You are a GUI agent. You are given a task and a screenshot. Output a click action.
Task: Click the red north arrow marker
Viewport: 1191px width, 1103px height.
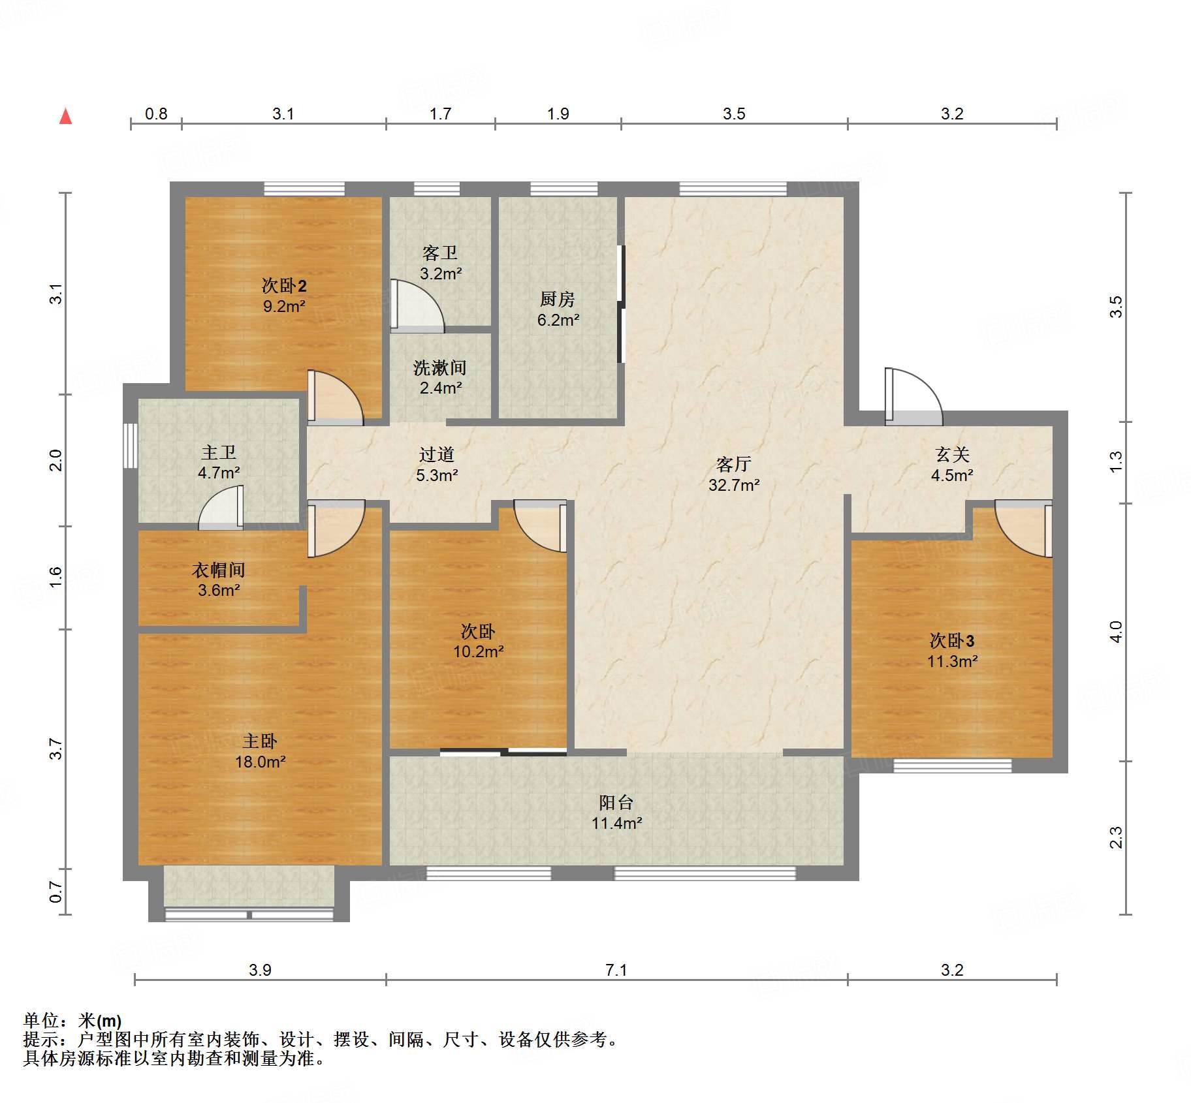tap(65, 116)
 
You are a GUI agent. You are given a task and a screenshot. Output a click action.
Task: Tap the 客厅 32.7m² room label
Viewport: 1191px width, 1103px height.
tap(734, 474)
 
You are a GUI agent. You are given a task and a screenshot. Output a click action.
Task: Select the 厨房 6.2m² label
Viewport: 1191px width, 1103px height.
tap(558, 309)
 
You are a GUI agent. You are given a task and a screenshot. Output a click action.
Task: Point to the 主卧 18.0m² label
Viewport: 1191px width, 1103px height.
tap(261, 751)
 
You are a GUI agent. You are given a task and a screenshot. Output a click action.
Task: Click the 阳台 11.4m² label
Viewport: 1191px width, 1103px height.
tap(616, 813)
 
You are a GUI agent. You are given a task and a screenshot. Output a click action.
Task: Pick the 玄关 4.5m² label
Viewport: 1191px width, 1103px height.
tap(952, 465)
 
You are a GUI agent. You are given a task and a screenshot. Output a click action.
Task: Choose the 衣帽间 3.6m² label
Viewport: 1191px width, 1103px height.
tap(219, 580)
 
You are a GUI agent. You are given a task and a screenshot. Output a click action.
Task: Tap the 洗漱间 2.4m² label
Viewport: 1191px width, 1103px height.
tap(440, 377)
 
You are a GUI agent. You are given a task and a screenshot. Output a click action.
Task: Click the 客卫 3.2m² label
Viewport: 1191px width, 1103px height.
tap(441, 262)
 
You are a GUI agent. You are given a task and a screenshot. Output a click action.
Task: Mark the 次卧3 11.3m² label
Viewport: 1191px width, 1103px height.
tap(952, 651)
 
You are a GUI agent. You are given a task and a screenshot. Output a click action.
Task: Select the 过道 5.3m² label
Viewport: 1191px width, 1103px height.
tap(437, 465)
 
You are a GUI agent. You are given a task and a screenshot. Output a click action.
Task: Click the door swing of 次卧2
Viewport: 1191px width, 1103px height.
tap(336, 397)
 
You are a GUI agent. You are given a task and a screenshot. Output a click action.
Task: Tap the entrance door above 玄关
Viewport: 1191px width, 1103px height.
tap(913, 396)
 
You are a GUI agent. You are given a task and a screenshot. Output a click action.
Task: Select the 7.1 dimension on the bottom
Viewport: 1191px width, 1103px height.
tap(616, 970)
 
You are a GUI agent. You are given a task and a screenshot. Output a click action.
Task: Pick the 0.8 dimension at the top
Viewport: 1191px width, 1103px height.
tap(156, 114)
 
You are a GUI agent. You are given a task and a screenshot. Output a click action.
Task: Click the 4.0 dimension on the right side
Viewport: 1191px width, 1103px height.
tap(1116, 632)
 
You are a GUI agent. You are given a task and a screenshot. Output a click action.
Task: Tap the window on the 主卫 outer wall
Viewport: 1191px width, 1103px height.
tap(131, 446)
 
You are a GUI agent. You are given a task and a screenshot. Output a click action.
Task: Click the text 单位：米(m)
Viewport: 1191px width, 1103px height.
tap(72, 1021)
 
